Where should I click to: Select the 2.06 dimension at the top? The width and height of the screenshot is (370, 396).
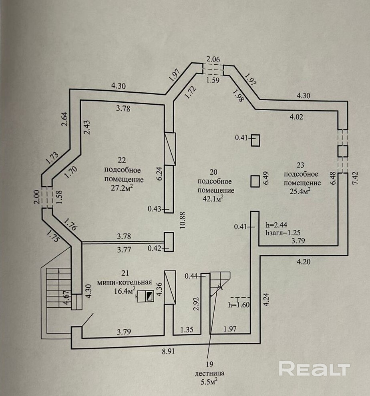tap(213, 59)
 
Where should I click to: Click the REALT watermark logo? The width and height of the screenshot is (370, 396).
tap(314, 368)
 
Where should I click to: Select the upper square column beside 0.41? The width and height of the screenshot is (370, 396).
tap(255, 140)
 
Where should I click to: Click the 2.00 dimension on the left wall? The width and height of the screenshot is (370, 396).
tap(36, 197)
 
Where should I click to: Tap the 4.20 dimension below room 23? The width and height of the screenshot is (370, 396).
tap(304, 263)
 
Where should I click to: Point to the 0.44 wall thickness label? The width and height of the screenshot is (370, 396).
tap(192, 275)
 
